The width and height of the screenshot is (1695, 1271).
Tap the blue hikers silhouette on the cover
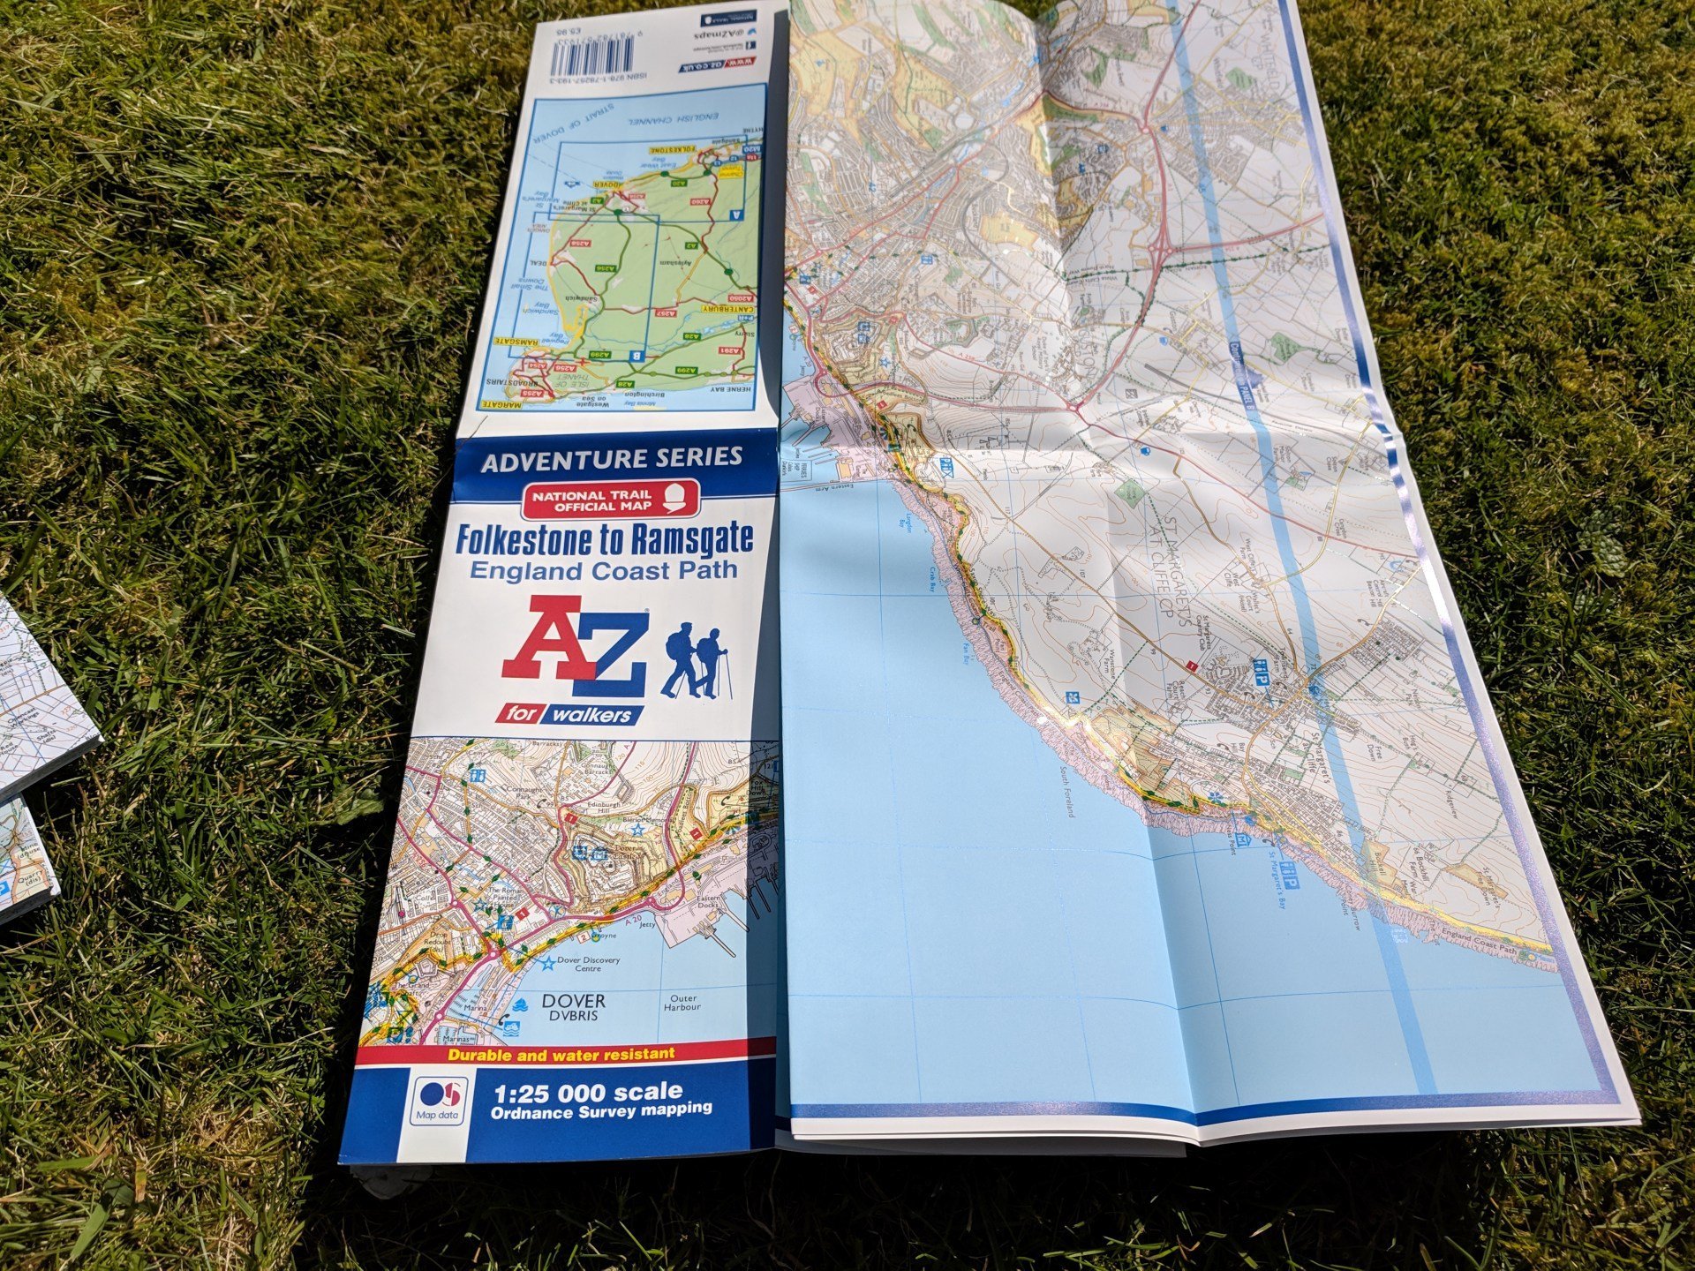click(697, 660)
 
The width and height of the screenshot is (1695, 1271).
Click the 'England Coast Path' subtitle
click(603, 570)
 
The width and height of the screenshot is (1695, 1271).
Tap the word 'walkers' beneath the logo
click(590, 714)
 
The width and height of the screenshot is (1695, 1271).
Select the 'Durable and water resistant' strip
click(561, 1054)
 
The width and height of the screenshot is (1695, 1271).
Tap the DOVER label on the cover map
click(574, 1001)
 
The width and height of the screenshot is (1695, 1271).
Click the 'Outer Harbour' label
click(682, 1003)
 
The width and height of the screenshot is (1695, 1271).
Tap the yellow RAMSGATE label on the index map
click(516, 341)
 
